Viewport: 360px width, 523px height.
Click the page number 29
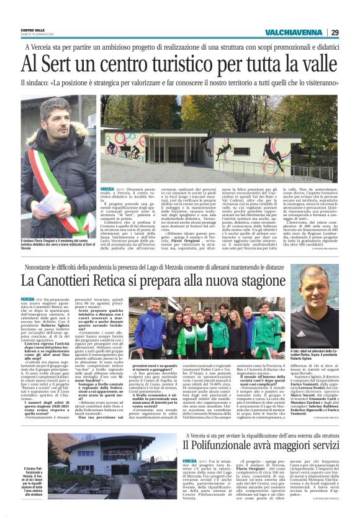point(335,32)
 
